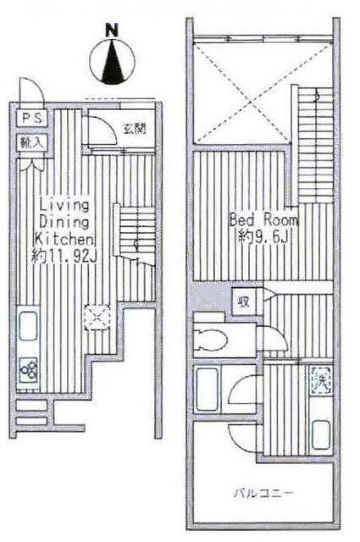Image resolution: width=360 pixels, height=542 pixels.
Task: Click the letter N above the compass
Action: tap(111, 30)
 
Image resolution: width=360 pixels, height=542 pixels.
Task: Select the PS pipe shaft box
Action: tap(32, 119)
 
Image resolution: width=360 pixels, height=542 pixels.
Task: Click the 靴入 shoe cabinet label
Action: tap(32, 142)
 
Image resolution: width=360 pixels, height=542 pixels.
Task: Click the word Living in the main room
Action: tap(64, 205)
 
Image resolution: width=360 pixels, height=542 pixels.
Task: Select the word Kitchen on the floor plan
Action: tap(64, 239)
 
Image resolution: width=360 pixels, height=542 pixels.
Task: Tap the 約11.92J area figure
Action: tap(64, 256)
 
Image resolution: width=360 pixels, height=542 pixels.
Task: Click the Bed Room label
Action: tap(263, 220)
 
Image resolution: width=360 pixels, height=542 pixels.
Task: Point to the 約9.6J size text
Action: tap(263, 236)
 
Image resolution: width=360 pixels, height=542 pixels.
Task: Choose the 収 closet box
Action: tap(244, 301)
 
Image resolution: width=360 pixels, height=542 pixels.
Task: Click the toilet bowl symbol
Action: tap(210, 340)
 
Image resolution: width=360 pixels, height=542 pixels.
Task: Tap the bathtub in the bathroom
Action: tap(208, 389)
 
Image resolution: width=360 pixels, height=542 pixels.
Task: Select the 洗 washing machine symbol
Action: tap(320, 380)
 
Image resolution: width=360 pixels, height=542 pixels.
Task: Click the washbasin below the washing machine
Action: tap(320, 434)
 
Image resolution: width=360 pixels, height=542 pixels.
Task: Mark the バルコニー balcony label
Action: tap(263, 492)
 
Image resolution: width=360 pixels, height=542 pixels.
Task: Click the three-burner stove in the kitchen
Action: tap(28, 370)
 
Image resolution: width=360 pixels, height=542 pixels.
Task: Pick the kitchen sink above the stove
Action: tap(28, 326)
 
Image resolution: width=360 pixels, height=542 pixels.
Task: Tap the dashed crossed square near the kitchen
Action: tap(97, 317)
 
